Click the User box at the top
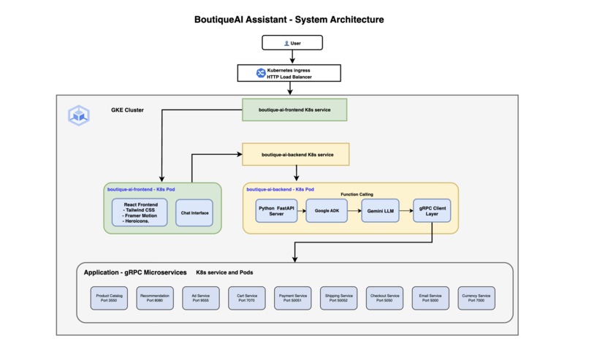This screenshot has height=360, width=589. click(x=292, y=43)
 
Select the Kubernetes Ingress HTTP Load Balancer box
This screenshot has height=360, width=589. click(x=289, y=73)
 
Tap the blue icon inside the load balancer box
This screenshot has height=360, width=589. click(x=260, y=73)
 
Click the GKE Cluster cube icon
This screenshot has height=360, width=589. click(x=78, y=115)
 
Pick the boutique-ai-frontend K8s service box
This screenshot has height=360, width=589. click(x=294, y=110)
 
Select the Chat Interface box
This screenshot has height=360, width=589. click(x=194, y=212)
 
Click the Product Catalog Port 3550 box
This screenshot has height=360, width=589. click(x=109, y=297)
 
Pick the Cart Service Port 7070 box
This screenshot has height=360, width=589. click(x=246, y=297)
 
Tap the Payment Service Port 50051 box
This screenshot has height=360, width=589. click(x=292, y=297)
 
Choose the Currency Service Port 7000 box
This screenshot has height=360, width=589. click(x=476, y=297)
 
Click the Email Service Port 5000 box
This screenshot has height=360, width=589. click(x=430, y=297)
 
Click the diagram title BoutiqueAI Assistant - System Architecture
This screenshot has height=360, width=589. click(x=289, y=19)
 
